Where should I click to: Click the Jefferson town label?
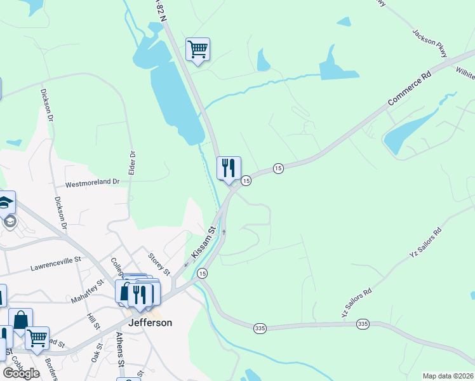coord(150,322)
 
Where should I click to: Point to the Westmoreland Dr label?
coord(93,182)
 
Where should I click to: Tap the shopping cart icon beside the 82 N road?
coord(197,48)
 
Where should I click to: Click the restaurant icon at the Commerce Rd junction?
coord(229,168)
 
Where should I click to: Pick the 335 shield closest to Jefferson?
coord(258,328)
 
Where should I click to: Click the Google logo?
coord(22,373)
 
